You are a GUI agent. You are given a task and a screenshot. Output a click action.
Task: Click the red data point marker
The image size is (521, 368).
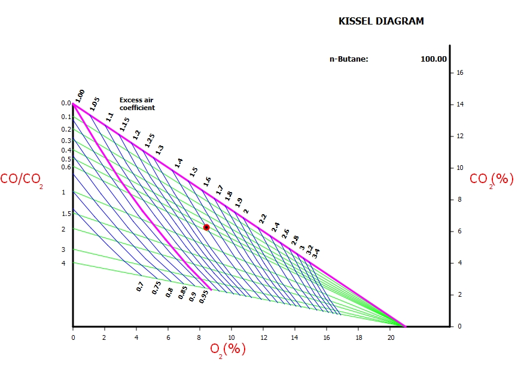point(206,227)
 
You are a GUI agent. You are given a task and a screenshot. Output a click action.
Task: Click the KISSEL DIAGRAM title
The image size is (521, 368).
point(381,22)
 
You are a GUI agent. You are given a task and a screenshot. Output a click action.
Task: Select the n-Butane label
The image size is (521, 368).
point(349,59)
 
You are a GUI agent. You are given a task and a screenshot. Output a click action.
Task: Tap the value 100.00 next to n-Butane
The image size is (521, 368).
point(434,59)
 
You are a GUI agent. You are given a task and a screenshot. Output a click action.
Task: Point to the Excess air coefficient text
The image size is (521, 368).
point(137,104)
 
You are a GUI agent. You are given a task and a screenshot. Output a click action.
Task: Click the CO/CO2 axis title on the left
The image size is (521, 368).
point(22,179)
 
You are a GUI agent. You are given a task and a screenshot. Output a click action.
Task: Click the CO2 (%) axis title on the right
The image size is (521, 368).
point(491,179)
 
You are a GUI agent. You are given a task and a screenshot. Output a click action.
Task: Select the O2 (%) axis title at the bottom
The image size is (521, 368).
point(228,349)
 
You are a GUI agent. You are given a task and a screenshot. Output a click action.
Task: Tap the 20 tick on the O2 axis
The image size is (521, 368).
point(390,337)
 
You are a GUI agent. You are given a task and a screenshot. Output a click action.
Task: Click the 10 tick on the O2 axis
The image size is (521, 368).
point(231,337)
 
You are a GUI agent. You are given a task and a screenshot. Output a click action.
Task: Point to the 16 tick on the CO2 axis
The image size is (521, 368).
point(460,72)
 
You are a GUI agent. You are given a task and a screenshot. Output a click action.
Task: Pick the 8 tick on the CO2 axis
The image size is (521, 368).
point(460,199)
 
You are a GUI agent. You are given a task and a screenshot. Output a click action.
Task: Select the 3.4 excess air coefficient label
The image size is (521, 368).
point(316,253)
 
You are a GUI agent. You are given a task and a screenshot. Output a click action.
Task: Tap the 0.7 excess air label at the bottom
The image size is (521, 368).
point(141,287)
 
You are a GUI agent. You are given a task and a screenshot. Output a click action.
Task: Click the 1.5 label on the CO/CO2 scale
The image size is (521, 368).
point(66,214)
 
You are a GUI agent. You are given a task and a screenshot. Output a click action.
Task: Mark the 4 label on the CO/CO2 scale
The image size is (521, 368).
point(63,263)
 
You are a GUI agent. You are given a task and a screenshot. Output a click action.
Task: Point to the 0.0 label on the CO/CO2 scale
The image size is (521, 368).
point(66,103)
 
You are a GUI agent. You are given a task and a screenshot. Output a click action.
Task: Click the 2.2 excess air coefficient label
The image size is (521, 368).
point(263,218)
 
